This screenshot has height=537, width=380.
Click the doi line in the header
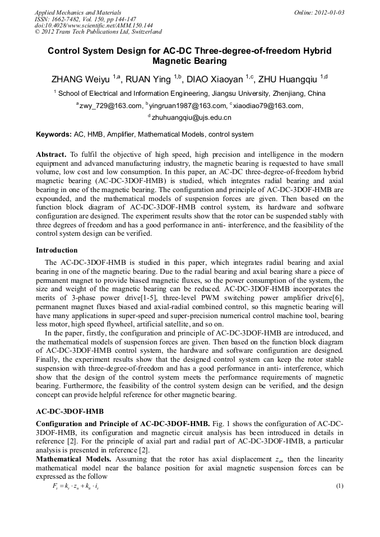click(94, 25)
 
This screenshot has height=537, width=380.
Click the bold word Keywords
click(53, 134)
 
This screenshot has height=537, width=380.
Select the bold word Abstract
click(51, 154)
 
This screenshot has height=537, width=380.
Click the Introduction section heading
click(57, 250)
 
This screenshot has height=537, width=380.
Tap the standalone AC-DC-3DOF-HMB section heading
click(69, 412)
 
